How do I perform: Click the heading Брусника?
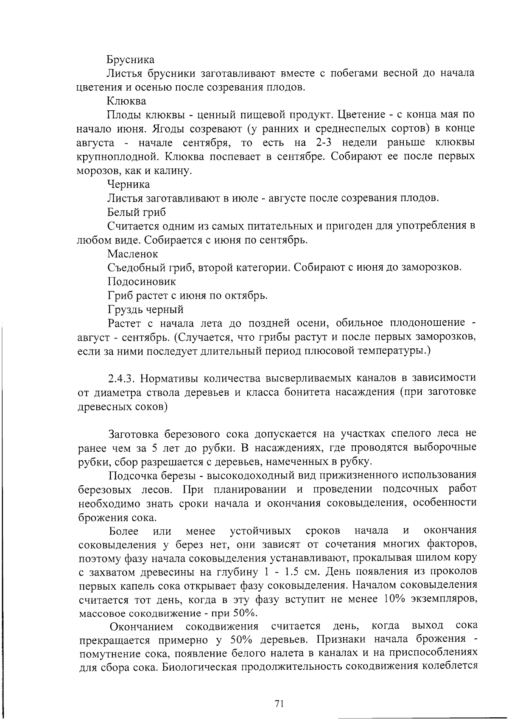pos(130,60)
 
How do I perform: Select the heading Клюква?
pos(126,101)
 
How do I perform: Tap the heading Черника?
pos(129,185)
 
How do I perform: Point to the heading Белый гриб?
pos(137,212)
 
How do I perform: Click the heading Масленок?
pos(132,254)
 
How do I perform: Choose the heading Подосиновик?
pos(141,282)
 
